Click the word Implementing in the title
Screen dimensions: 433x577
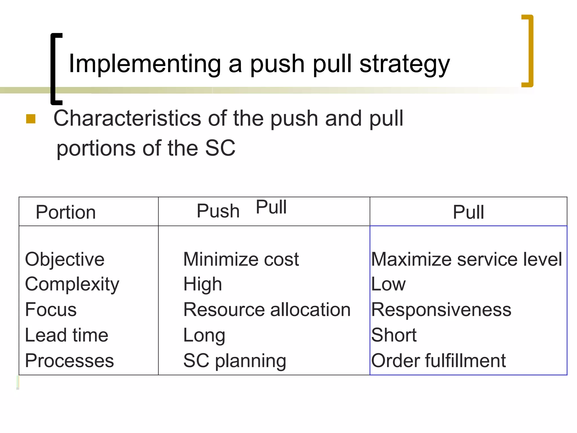click(x=145, y=64)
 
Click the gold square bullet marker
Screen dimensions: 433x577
click(x=31, y=119)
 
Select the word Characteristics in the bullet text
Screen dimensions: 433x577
click(x=127, y=118)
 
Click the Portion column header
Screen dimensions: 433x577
click(x=66, y=212)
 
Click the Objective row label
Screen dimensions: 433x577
click(x=65, y=259)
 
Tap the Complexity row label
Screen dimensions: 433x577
click(x=72, y=284)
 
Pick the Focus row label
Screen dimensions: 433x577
click(x=51, y=310)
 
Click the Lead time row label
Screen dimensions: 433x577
click(x=66, y=335)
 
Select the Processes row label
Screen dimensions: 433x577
click(x=69, y=361)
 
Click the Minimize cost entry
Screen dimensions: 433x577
click(x=241, y=259)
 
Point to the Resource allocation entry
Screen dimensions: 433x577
click(x=267, y=310)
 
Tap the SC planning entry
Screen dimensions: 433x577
click(x=234, y=361)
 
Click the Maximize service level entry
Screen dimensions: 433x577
click(x=466, y=259)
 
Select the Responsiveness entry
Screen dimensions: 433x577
click(x=441, y=310)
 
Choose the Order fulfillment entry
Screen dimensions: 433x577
click(x=438, y=361)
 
